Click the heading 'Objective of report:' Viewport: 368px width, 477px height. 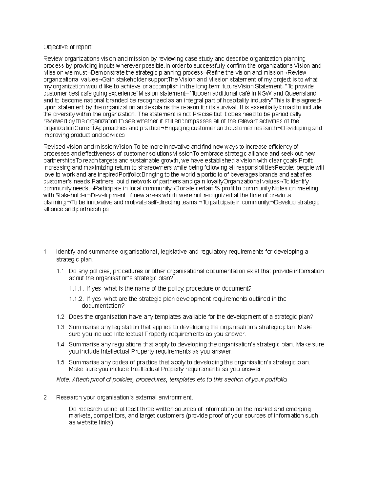67,47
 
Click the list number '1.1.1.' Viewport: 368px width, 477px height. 76,289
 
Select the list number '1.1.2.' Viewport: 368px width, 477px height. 76,299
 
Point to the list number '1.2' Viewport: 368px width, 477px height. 60,317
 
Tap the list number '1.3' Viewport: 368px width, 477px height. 60,327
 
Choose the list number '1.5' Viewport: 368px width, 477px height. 60,362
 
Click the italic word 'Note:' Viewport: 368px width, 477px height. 63,380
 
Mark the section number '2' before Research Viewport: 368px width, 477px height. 45,397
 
